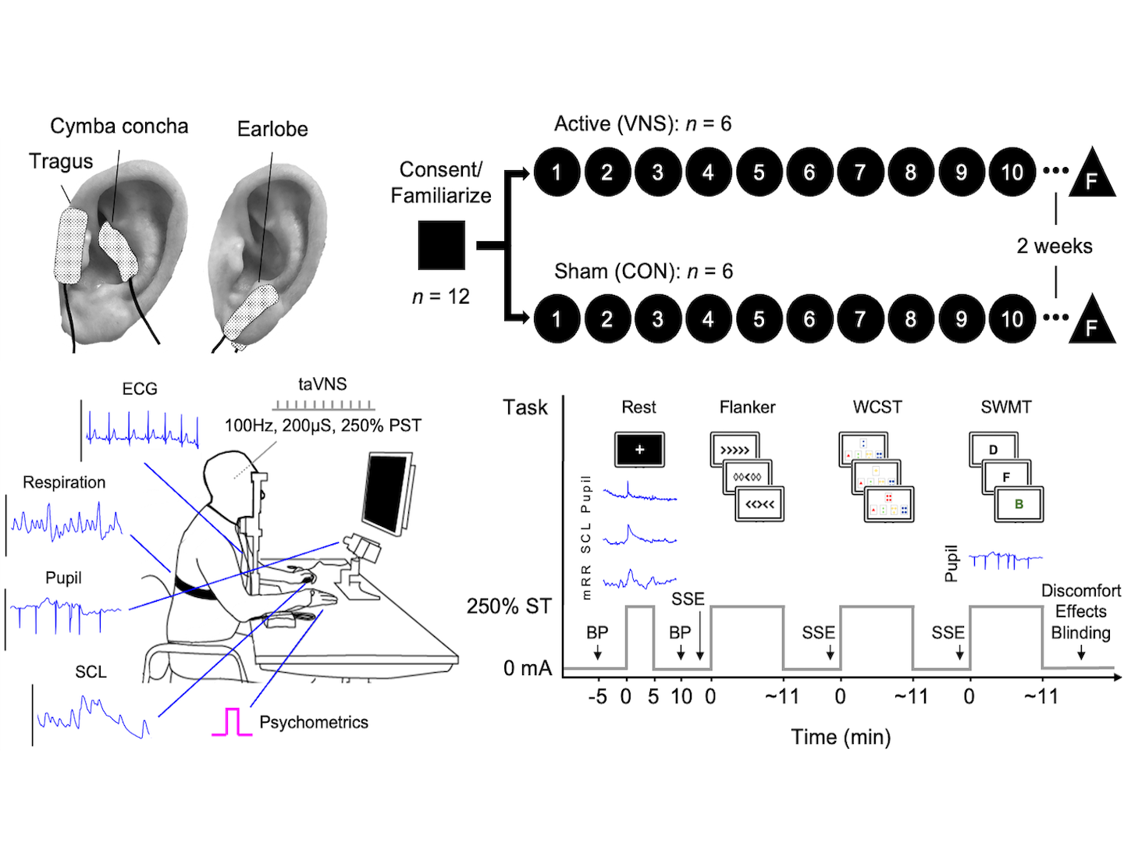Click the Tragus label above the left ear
[x=61, y=162]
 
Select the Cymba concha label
[x=119, y=126]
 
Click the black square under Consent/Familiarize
[x=442, y=245]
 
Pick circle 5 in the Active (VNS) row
[x=759, y=172]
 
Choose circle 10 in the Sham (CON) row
[x=1012, y=318]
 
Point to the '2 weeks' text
[x=1055, y=246]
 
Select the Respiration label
[x=64, y=482]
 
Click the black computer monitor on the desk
[x=386, y=492]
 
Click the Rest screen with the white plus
[x=639, y=450]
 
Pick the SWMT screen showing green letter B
[x=1019, y=504]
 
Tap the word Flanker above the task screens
[x=747, y=407]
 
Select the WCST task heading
[x=877, y=407]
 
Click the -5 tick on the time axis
[x=597, y=696]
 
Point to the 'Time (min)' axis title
[x=841, y=737]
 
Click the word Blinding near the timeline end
[x=1080, y=633]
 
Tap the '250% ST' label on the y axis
[x=509, y=606]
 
